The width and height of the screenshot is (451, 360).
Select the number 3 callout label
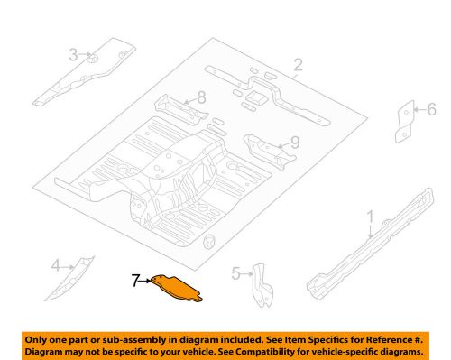click(74, 56)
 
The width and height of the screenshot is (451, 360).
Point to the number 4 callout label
click(56, 265)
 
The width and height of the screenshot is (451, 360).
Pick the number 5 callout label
click(235, 272)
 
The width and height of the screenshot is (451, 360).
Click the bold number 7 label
click(135, 282)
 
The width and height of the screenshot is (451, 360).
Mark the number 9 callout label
click(293, 142)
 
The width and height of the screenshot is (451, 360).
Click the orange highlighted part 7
click(178, 287)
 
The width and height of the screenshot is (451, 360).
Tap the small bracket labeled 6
click(405, 118)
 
